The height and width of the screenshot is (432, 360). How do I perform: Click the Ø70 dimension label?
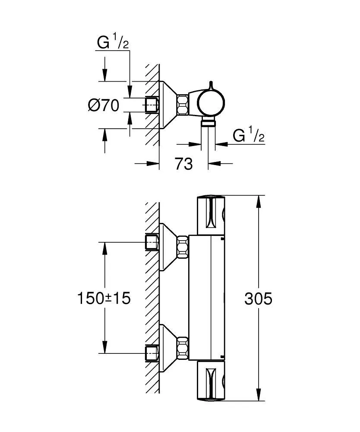coord(104,105)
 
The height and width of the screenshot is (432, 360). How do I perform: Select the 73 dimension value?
coord(183,164)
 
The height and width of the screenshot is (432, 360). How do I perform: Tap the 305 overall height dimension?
coord(258,299)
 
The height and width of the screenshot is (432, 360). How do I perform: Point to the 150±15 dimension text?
coord(104,298)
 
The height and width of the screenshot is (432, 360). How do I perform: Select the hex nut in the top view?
coord(182,105)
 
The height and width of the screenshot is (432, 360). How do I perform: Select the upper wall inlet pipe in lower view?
coord(152,243)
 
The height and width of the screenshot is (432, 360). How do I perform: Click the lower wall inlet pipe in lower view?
coord(152,353)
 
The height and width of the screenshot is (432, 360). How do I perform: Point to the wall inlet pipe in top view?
coord(152,105)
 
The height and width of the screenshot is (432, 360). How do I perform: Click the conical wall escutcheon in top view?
coord(168,105)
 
